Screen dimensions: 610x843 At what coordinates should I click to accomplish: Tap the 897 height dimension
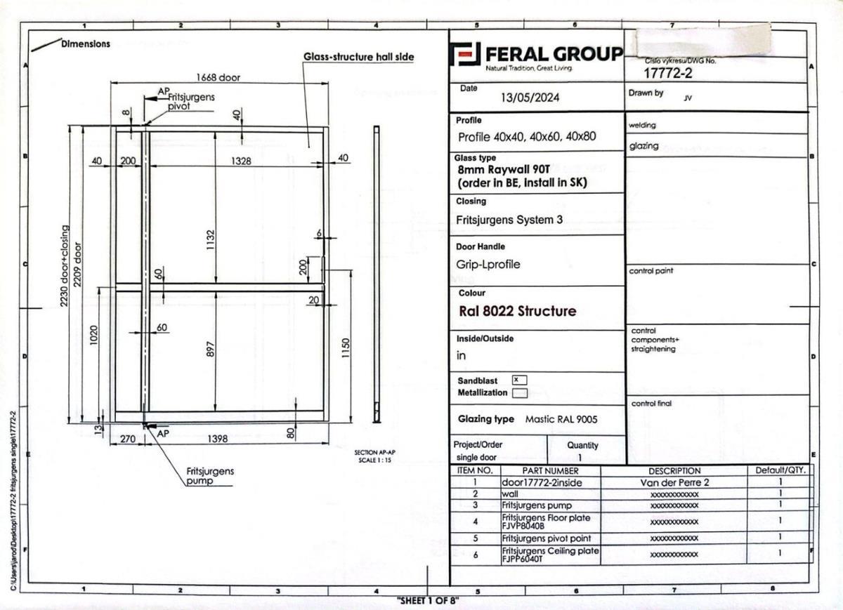[209, 349]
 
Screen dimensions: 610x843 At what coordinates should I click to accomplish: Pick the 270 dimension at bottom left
[128, 439]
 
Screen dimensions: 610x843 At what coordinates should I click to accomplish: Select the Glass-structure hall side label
[358, 57]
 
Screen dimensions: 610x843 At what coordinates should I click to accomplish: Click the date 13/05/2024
[530, 98]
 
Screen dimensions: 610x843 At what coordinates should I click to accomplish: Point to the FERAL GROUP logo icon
[465, 55]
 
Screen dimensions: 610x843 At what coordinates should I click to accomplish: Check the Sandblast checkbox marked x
[518, 380]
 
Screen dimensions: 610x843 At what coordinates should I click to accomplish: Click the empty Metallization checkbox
[519, 393]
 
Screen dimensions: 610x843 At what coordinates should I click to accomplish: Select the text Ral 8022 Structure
[517, 311]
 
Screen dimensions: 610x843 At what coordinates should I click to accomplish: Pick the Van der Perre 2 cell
[674, 482]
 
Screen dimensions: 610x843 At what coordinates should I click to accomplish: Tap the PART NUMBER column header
[550, 470]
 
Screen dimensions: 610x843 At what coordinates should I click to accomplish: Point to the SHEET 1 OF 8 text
[427, 601]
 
